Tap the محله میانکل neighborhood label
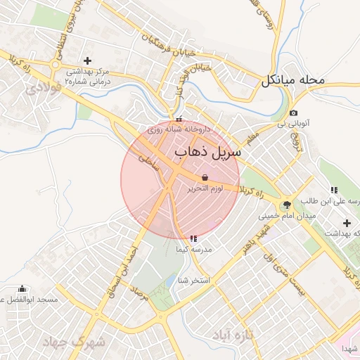(x=293, y=79)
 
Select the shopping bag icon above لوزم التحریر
(x=205, y=176)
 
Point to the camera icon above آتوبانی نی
(x=293, y=112)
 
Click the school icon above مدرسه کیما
(x=193, y=239)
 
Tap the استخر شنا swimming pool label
(x=195, y=281)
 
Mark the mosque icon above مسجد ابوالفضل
(x=22, y=288)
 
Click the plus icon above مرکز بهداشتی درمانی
(x=87, y=60)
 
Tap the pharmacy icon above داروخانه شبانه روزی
(x=179, y=119)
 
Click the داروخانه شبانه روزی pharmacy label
(x=179, y=130)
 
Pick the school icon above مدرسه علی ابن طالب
(x=333, y=190)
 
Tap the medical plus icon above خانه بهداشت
(x=347, y=223)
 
